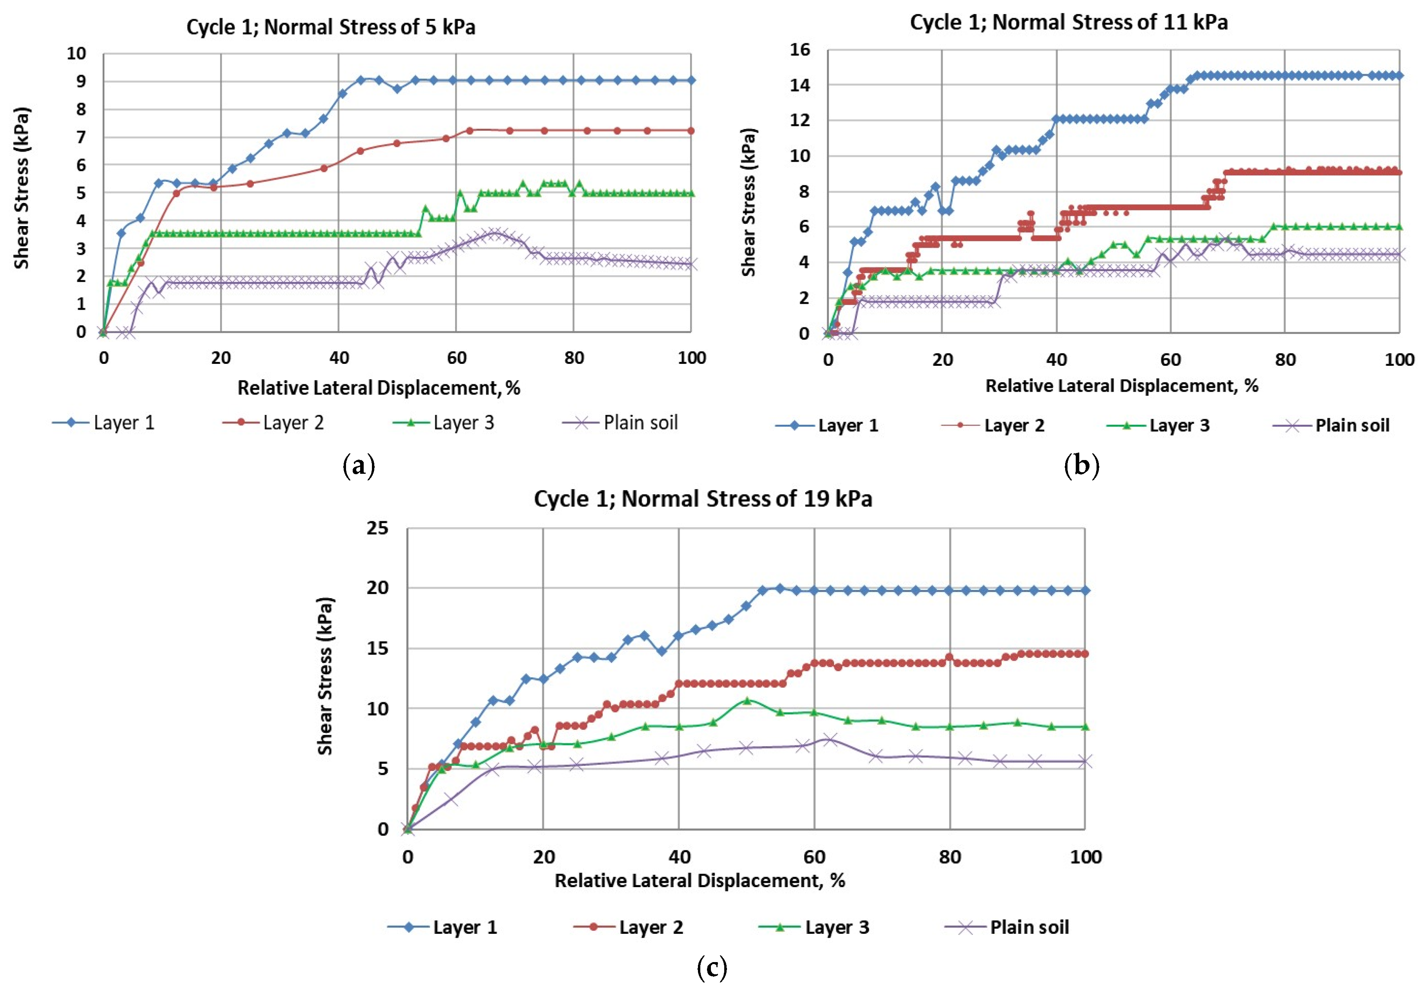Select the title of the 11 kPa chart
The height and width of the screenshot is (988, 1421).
tap(1068, 22)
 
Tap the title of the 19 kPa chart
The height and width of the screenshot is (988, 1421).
tap(703, 499)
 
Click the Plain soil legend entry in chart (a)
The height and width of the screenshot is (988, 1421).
tap(621, 423)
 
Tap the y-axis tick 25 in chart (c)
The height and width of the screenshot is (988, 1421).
tap(377, 528)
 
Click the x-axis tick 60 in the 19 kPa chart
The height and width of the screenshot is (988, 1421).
tap(814, 857)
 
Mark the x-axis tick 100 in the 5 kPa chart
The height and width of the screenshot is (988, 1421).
tap(691, 358)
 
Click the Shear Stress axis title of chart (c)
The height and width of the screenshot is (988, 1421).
tap(325, 676)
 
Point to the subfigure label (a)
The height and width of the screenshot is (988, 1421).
tap(359, 465)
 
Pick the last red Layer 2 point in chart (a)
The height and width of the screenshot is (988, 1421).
tap(690, 131)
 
